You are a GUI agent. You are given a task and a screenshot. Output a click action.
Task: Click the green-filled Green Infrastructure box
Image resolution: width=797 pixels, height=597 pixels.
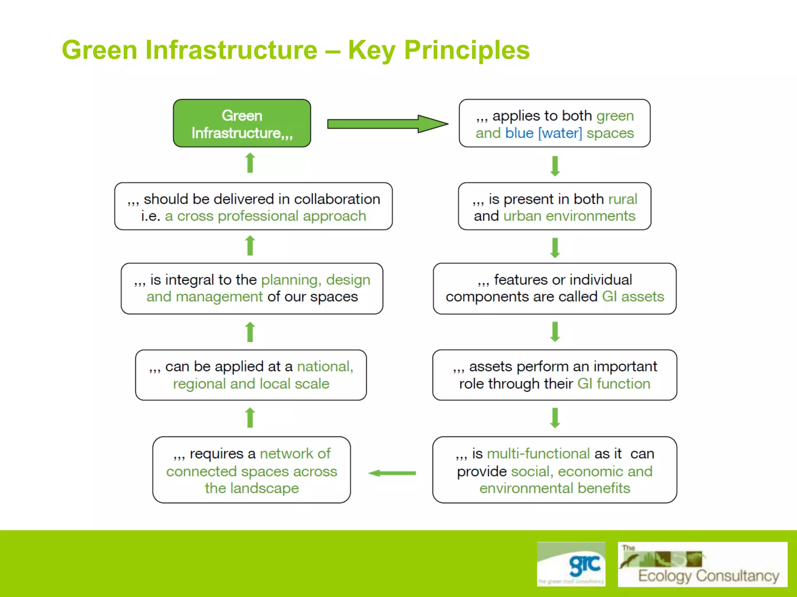point(242,123)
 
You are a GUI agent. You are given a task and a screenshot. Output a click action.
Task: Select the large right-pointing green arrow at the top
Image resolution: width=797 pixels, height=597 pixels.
point(387,124)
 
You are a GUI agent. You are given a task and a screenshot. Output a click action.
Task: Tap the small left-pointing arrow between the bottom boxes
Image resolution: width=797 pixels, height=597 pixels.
point(392,473)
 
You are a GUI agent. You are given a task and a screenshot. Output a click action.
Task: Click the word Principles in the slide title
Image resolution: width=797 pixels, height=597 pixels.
point(467,51)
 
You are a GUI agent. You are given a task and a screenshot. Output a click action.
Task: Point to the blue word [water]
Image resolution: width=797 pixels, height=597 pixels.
point(560,133)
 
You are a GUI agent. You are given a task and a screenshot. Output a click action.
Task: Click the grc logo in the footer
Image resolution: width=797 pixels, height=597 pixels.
point(571,564)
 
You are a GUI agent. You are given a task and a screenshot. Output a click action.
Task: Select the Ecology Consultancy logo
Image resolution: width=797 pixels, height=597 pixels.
point(702,564)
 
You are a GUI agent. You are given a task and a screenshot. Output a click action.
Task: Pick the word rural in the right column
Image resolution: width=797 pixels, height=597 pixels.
point(623,199)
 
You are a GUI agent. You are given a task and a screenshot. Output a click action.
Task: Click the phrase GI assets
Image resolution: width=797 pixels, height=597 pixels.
point(633,297)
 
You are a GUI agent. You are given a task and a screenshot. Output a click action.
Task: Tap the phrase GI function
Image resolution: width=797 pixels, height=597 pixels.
point(614,384)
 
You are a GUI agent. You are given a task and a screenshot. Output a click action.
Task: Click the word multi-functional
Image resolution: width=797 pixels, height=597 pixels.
point(538,454)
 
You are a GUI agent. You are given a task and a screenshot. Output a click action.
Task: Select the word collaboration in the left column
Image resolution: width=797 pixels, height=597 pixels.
point(337,199)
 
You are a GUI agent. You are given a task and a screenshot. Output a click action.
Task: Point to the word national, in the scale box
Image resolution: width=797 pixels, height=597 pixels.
point(325,367)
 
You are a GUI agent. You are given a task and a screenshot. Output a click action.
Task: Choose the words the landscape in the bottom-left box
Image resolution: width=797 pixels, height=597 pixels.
point(252,488)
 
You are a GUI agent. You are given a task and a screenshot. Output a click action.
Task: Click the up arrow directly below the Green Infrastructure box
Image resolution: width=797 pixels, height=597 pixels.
point(250,163)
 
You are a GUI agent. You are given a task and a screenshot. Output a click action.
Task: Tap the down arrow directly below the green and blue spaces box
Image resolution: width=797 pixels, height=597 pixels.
point(555,166)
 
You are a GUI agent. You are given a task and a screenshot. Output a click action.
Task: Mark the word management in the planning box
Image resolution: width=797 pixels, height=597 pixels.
point(219,297)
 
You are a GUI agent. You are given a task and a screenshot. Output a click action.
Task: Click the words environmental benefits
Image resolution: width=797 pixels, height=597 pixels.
point(555,488)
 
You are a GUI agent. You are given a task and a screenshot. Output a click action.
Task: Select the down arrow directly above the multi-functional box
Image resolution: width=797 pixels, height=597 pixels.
point(555,418)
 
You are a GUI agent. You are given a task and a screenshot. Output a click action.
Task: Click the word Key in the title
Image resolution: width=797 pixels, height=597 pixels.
point(372,51)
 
